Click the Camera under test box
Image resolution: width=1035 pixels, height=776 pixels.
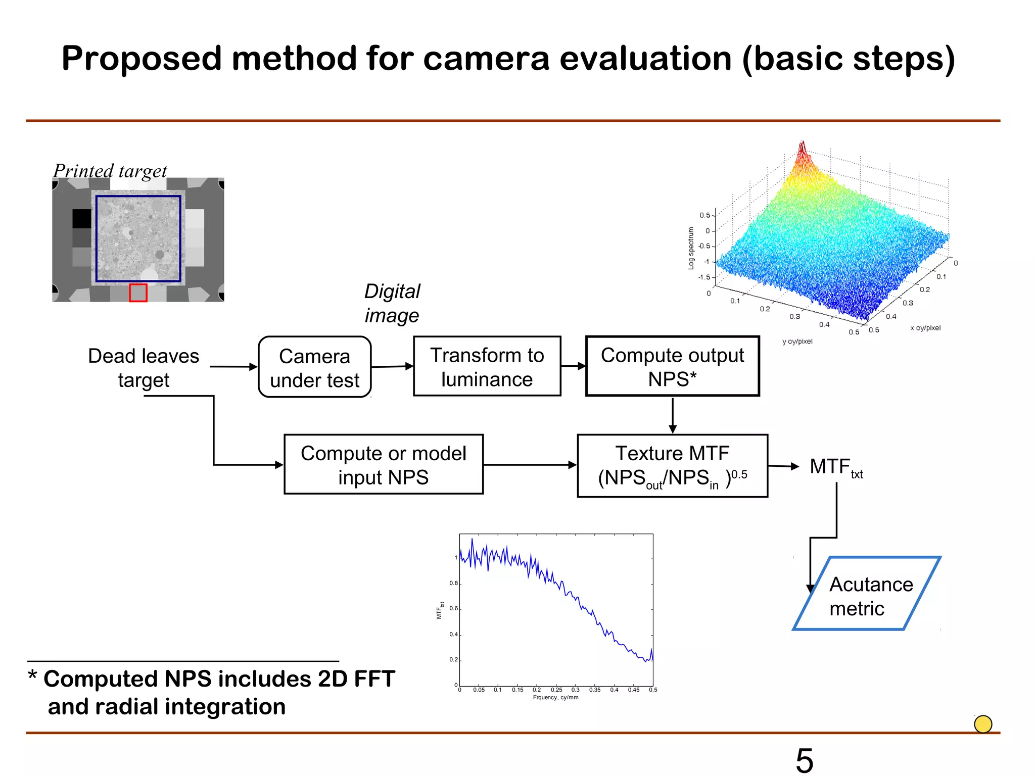point(314,367)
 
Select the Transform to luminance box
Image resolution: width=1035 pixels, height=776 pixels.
point(487,367)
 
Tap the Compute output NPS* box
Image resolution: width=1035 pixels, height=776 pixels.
point(672,367)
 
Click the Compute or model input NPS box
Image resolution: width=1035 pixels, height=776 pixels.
point(383,465)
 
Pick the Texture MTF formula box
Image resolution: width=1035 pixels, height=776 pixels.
point(672,466)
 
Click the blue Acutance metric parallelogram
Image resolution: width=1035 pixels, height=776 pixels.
point(867,594)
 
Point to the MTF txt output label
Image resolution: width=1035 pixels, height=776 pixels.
point(835,467)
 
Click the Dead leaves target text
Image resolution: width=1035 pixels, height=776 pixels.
point(144,368)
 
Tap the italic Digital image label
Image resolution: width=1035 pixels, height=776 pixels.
point(392,303)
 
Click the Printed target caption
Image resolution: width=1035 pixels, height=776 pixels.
point(110,171)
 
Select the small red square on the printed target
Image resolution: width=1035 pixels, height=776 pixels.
point(138,293)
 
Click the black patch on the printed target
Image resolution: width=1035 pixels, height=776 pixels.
point(81,219)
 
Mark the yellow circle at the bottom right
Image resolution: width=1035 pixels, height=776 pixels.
point(983,724)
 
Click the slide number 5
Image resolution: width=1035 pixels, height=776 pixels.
point(805,760)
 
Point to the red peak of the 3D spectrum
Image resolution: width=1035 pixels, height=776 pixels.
point(802,152)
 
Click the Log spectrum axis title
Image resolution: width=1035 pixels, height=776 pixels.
point(691,248)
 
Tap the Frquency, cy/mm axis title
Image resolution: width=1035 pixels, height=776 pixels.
point(555,698)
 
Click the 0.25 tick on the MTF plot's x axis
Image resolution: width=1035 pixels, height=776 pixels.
point(556,690)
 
